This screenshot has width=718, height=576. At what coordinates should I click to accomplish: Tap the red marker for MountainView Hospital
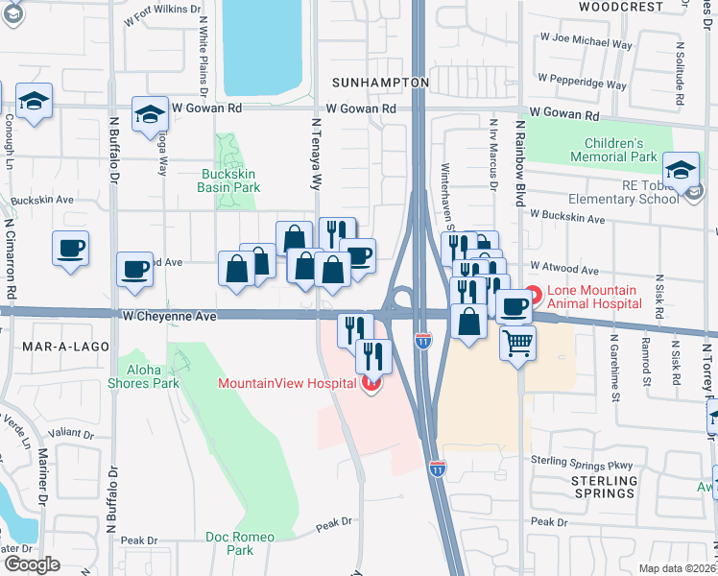[x=371, y=384]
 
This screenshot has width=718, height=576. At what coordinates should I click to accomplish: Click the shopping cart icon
[x=517, y=341]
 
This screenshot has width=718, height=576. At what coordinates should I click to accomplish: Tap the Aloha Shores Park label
[x=153, y=376]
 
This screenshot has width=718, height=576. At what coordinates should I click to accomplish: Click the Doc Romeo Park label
[x=240, y=543]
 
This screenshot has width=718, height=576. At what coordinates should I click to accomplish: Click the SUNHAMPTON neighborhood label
[x=381, y=83]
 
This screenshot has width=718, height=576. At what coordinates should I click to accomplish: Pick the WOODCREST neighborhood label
[x=621, y=7]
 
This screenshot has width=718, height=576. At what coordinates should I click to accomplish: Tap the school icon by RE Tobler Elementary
[x=681, y=170]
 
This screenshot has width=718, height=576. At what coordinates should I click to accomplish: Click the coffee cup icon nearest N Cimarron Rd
[x=70, y=248]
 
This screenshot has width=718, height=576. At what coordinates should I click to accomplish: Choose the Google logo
[x=32, y=564]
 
